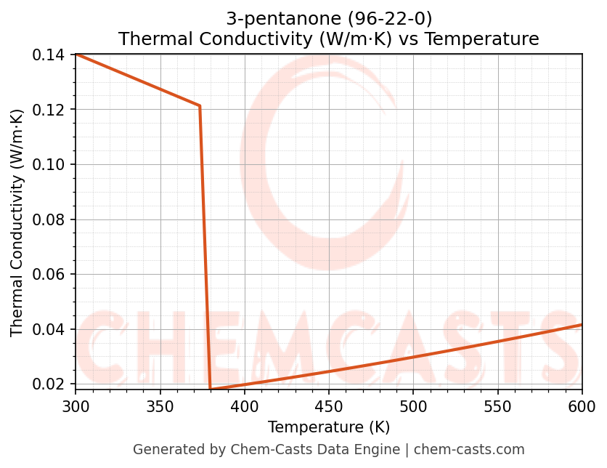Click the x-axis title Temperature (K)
328,427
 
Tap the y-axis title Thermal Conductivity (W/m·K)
17,222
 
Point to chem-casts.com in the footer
469,450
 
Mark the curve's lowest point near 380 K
211,390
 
